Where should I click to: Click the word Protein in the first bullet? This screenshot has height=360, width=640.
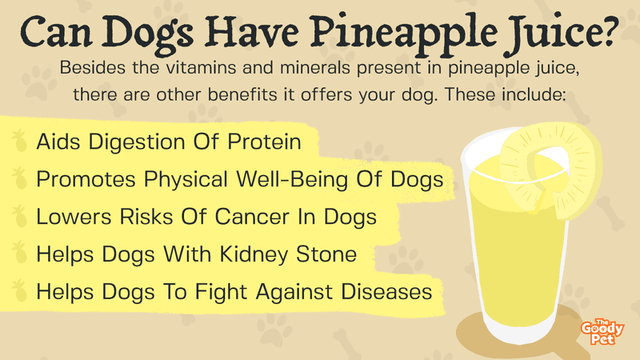tap(264, 142)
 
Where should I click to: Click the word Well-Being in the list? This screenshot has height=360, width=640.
tap(292, 180)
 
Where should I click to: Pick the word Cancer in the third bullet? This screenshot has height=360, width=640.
tap(252, 217)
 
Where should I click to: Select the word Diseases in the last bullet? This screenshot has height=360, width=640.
tap(386, 292)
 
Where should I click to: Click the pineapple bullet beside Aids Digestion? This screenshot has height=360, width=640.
tap(19, 141)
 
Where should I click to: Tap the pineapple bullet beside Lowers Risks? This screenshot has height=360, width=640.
tap(19, 216)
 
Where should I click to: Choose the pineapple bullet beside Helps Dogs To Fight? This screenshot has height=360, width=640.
tap(19, 291)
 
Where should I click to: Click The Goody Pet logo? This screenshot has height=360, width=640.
tap(602, 332)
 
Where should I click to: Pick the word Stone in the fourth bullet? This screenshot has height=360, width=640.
tap(326, 254)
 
